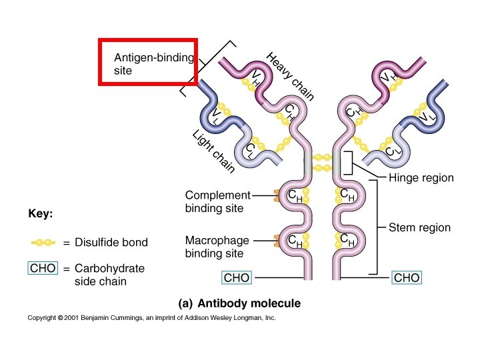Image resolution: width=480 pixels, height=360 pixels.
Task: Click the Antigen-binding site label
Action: [153, 63]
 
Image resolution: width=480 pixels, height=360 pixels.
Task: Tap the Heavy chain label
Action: [289, 77]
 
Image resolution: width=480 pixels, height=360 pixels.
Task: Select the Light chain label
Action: [213, 153]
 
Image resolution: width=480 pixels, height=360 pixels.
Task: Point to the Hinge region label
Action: [421, 178]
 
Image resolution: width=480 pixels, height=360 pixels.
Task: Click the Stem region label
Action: [419, 227]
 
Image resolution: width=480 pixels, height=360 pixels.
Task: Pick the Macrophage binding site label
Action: [217, 247]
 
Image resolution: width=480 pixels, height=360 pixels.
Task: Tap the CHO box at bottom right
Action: [407, 277]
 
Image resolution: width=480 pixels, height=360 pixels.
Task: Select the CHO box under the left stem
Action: [237, 277]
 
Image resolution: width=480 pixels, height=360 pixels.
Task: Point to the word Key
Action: [40, 215]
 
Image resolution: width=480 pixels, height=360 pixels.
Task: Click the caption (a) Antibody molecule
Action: [239, 303]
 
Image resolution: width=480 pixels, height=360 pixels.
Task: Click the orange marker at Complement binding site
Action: [276, 195]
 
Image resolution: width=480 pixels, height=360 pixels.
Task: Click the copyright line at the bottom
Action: [151, 318]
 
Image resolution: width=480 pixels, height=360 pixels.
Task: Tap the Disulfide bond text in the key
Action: [111, 243]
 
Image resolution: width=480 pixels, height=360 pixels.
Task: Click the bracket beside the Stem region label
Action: [377, 227]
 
